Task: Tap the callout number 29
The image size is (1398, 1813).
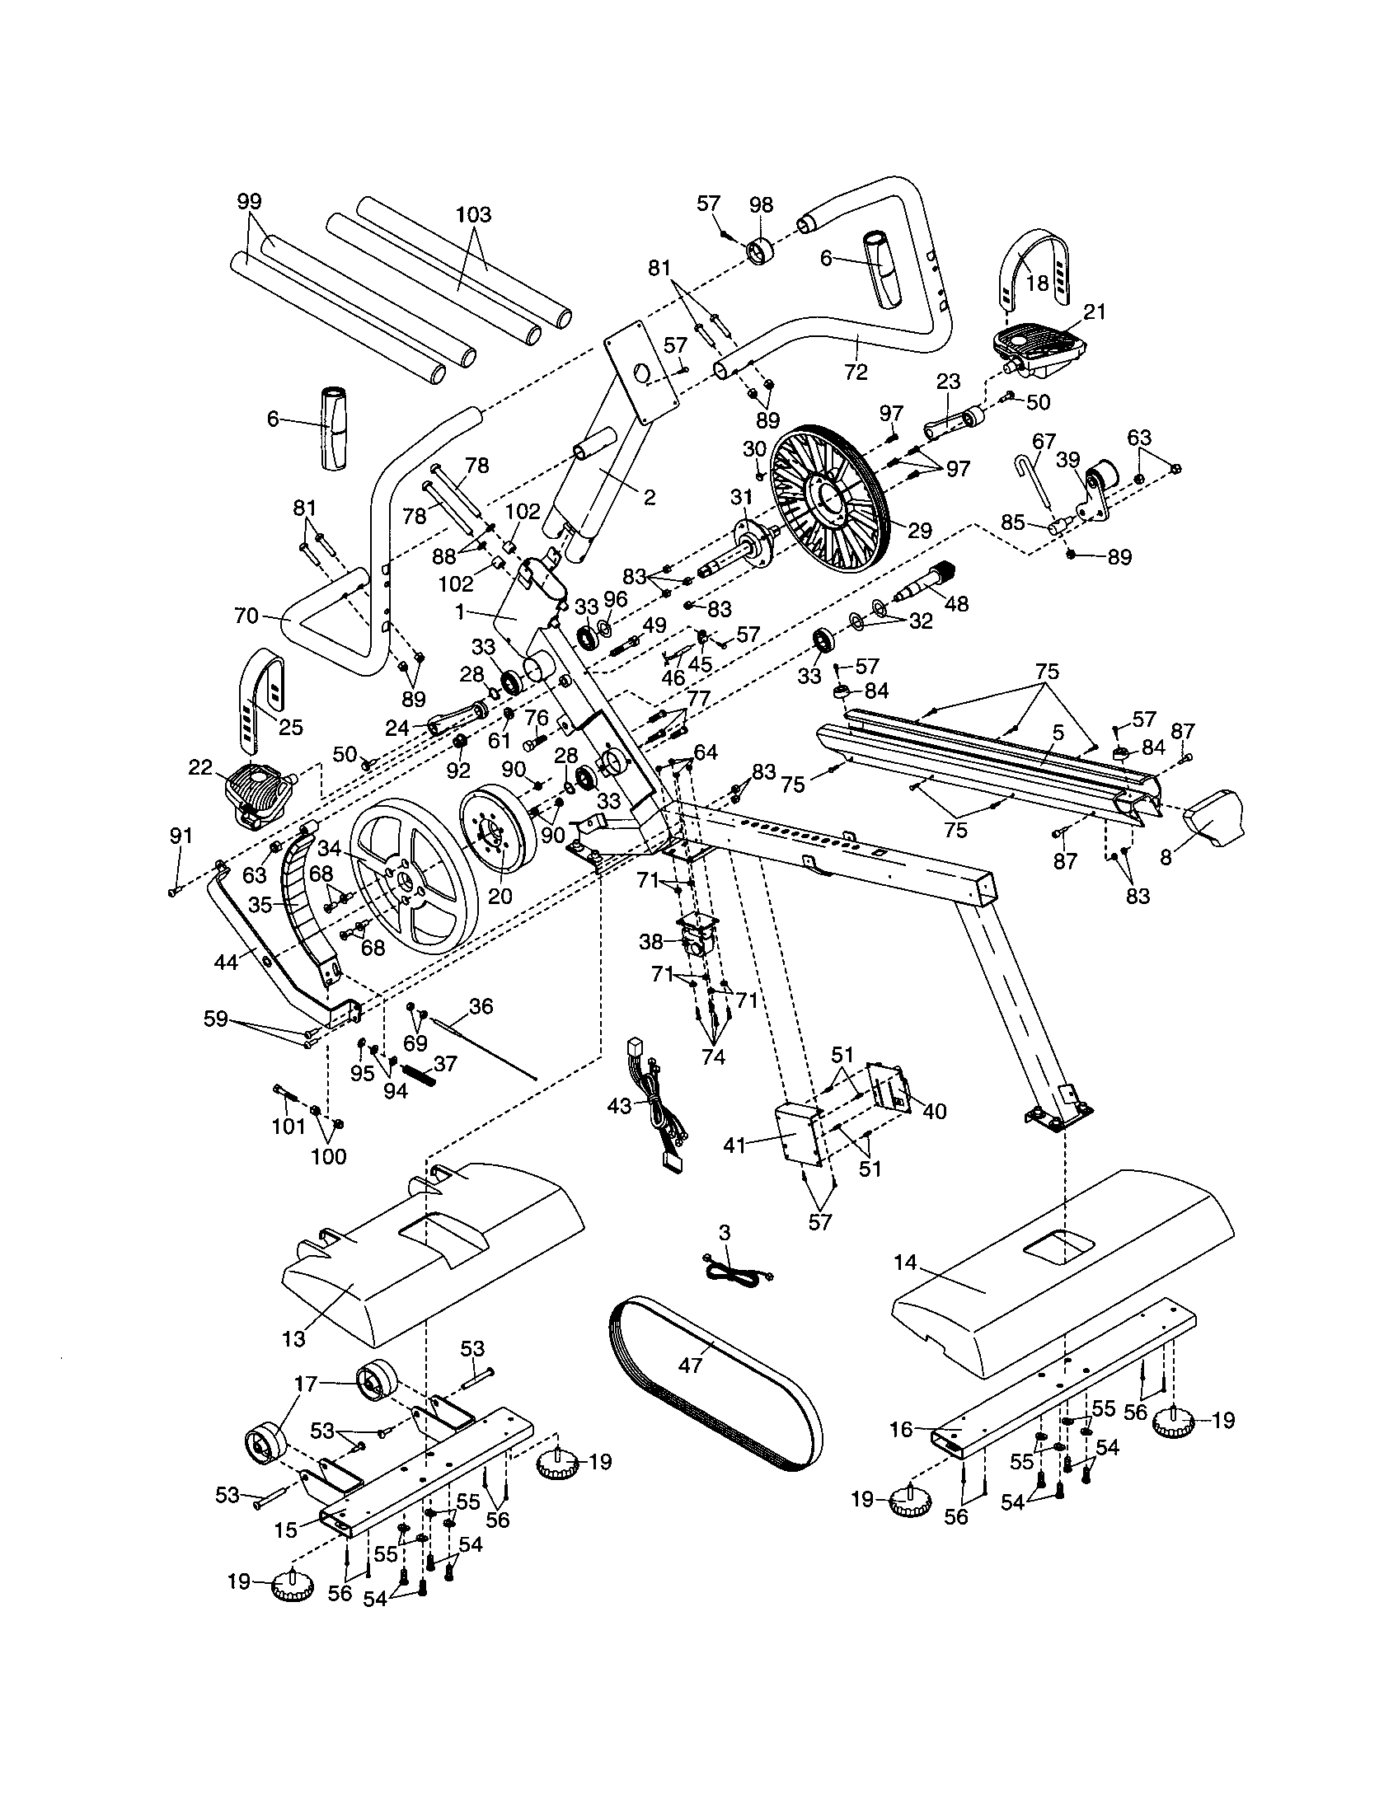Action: pos(920,531)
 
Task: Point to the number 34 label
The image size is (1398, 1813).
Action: pos(330,847)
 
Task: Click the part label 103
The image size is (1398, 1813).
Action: pos(474,214)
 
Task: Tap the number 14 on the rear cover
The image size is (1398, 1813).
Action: pos(906,1263)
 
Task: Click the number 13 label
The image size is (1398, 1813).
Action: pos(294,1338)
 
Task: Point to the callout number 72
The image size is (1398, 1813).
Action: pos(855,372)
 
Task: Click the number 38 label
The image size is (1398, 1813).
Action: pos(650,941)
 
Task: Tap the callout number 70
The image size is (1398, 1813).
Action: pos(247,616)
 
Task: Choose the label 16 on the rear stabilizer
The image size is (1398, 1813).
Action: pos(902,1430)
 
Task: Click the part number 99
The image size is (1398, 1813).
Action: pos(249,201)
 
